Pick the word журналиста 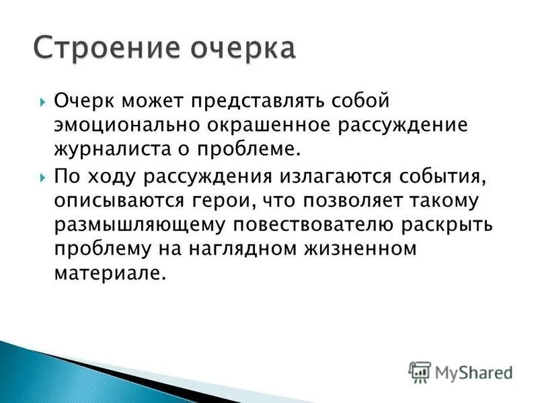click(116, 151)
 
